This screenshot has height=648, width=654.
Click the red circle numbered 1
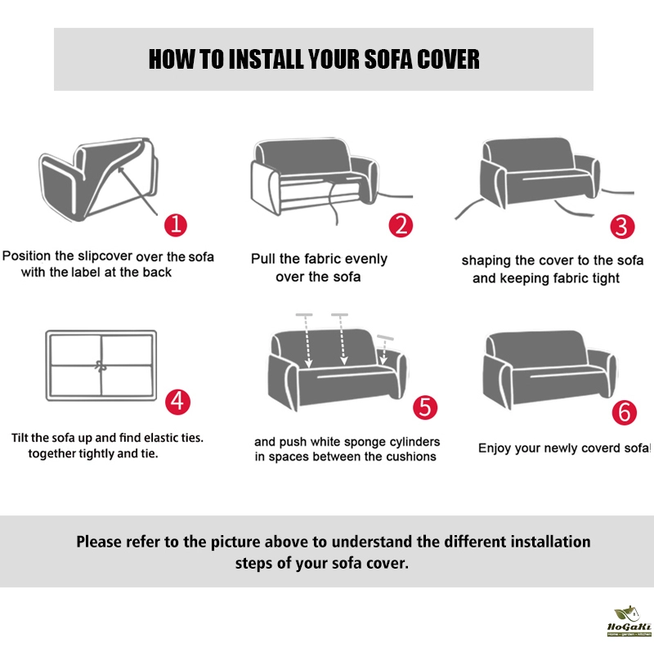[x=176, y=225]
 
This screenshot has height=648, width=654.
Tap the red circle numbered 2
[x=401, y=225]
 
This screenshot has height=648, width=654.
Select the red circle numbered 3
[x=622, y=227]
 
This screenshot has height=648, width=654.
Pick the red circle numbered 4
[x=177, y=402]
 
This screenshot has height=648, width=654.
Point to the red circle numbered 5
[x=425, y=407]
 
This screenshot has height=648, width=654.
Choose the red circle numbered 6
[x=624, y=412]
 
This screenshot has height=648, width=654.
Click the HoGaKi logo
[x=629, y=621]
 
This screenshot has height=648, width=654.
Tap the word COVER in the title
[x=448, y=59]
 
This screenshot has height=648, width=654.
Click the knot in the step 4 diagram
[x=100, y=367]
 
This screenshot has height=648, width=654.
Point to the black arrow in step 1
[x=137, y=191]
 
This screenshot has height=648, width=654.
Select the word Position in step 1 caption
[x=26, y=255]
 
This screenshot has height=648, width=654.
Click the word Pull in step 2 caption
[x=263, y=259]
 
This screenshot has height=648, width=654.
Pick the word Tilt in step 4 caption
[x=20, y=438]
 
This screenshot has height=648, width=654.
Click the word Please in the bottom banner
[x=99, y=542]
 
